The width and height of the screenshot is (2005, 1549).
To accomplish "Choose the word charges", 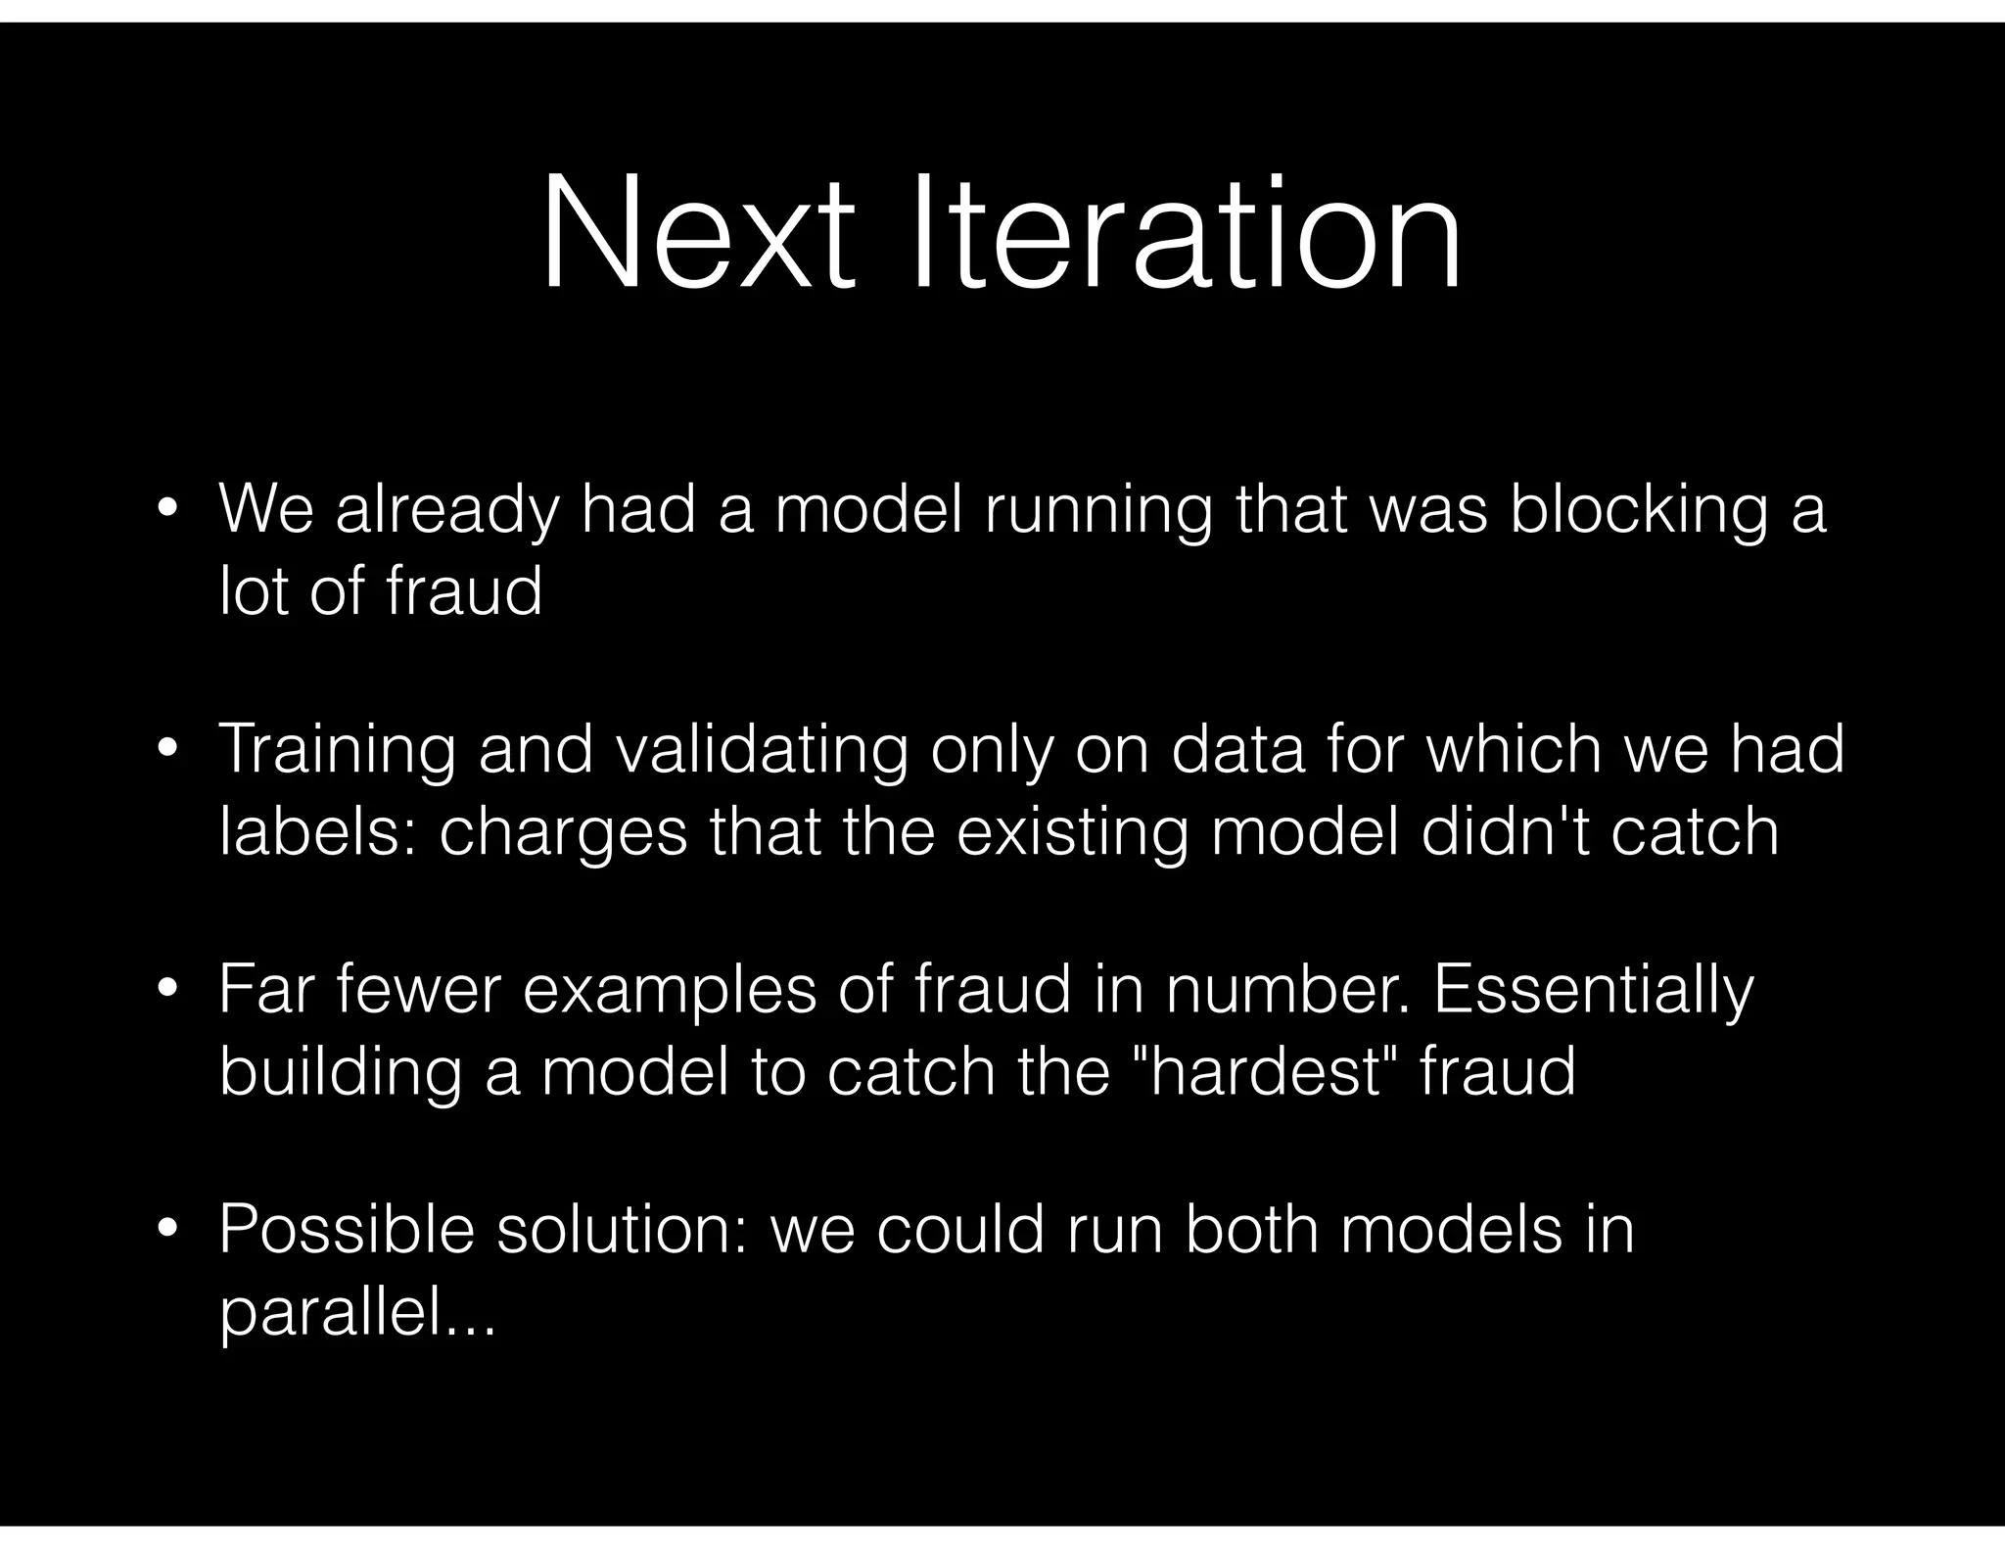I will pos(564,834).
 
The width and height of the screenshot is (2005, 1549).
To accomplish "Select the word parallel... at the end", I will pos(358,1314).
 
